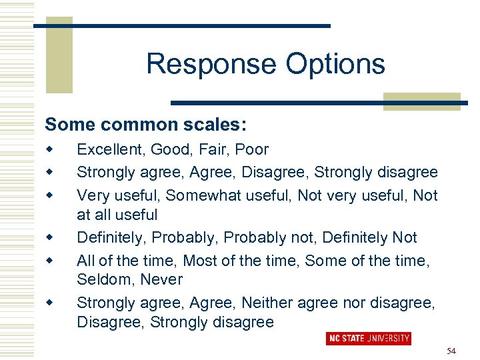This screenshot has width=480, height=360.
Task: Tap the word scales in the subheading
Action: pos(212,125)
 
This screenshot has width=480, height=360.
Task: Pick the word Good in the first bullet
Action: pos(167,150)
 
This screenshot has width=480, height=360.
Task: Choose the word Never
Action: pos(163,279)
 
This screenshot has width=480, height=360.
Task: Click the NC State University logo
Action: pos(368,339)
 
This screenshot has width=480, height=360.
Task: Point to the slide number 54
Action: pos(451,351)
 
